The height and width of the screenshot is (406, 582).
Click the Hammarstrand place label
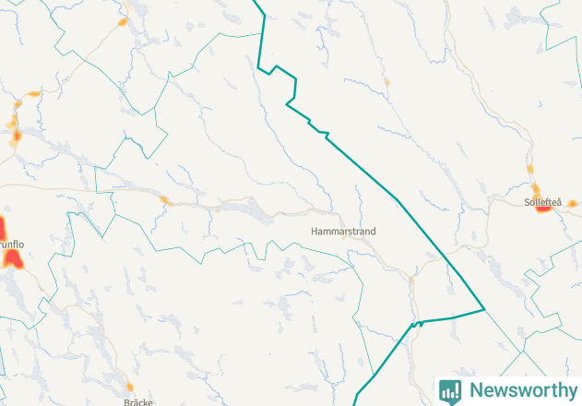click(343, 232)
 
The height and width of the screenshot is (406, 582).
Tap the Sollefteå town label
click(542, 200)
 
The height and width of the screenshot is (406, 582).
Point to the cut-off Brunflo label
click(12, 244)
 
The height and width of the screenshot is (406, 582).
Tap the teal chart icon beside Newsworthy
click(450, 390)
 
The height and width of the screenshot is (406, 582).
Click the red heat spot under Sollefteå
click(543, 208)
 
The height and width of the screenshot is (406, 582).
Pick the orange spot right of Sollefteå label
click(572, 203)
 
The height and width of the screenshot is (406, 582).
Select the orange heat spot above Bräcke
click(130, 387)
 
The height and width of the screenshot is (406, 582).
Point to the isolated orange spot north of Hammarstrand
click(386, 83)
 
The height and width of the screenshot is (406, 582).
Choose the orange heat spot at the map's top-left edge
click(33, 93)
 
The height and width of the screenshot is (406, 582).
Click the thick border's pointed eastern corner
click(484, 309)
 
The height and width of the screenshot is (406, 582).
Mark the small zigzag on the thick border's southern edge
click(417, 324)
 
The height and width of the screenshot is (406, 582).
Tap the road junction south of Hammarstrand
click(412, 276)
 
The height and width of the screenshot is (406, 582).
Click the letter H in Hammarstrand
click(315, 232)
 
